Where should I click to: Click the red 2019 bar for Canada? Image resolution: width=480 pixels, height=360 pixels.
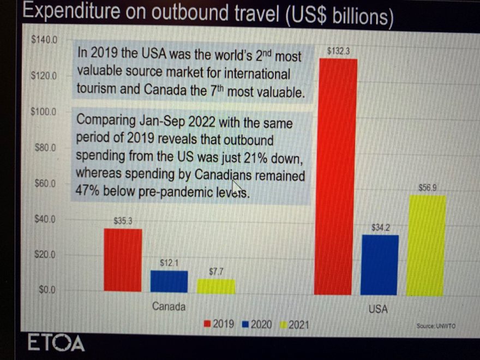click(x=123, y=260)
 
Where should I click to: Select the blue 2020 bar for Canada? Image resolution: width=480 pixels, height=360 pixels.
click(x=169, y=281)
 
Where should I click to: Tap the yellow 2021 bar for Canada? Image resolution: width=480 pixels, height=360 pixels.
click(x=216, y=286)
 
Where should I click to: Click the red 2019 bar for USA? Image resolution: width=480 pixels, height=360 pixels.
click(x=336, y=177)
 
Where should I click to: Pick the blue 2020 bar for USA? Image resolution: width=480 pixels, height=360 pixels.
click(x=380, y=265)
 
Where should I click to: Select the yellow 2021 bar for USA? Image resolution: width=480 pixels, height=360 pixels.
click(x=426, y=246)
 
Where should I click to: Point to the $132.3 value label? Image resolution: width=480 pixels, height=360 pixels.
click(x=338, y=51)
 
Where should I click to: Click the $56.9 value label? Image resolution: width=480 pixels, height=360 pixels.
click(x=427, y=188)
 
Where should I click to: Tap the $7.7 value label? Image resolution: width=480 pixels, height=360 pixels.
click(x=216, y=272)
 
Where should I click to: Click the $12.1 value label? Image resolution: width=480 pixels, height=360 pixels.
click(x=169, y=263)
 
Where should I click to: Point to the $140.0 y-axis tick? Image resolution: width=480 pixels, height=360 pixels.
click(x=44, y=39)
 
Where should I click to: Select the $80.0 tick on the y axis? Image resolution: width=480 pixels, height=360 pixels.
click(x=45, y=148)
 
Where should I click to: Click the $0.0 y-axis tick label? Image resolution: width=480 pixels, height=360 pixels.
click(x=47, y=290)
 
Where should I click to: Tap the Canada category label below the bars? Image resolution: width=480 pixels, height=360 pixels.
click(x=169, y=307)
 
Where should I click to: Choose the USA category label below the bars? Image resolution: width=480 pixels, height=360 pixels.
click(x=378, y=309)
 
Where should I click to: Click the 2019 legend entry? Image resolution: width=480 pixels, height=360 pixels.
click(x=219, y=324)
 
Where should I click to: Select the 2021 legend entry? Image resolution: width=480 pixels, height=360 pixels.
click(x=295, y=325)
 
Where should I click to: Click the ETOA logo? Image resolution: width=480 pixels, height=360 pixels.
click(x=56, y=343)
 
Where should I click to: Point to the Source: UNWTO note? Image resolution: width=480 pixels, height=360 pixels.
click(x=436, y=326)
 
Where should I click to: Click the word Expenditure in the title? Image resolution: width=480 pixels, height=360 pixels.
click(x=71, y=11)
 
